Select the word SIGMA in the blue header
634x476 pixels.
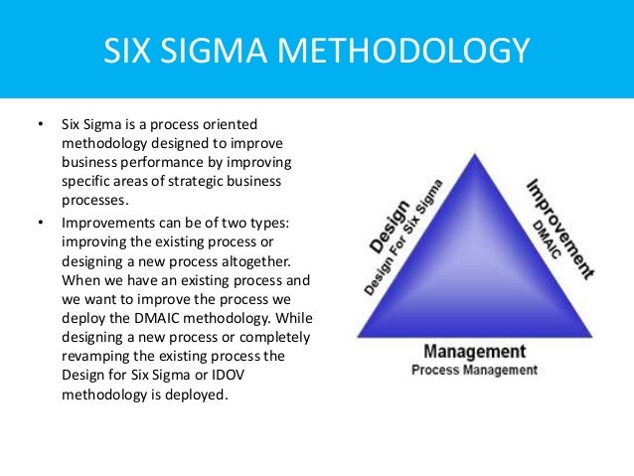click(220, 50)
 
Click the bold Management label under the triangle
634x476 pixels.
click(474, 352)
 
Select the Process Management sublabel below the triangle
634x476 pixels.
click(474, 370)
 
